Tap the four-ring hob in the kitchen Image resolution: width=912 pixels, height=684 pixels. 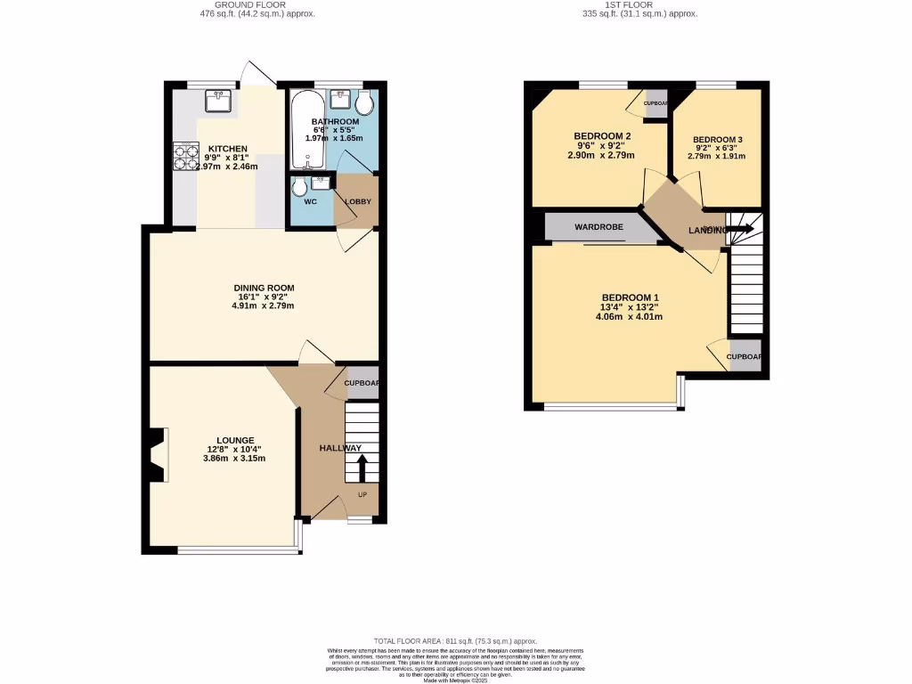[185, 157]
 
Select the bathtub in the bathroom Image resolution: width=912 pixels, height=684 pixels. [306, 129]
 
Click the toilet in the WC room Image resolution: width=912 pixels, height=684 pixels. [298, 187]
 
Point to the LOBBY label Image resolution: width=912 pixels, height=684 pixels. [358, 201]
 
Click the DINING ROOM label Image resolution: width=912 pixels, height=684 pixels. [264, 288]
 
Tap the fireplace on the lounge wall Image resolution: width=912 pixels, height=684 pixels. [158, 454]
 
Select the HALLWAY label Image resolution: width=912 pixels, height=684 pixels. [340, 448]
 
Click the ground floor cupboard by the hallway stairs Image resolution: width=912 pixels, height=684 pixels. [362, 383]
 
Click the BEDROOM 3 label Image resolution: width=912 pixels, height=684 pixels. [717, 140]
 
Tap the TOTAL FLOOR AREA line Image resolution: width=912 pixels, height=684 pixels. [455, 640]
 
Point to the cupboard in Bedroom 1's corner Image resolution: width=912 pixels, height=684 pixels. [745, 355]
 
